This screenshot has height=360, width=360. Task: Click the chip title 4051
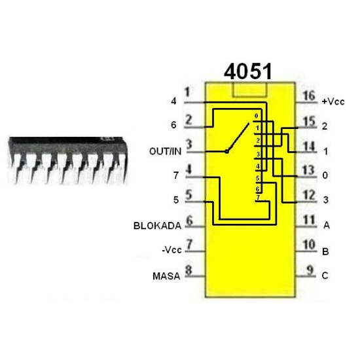tap(248, 71)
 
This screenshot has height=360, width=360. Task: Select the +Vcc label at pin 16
tap(333, 101)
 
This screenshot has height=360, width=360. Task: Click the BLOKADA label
tap(156, 226)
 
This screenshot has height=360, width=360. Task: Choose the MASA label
tap(166, 276)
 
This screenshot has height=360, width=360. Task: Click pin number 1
tap(188, 94)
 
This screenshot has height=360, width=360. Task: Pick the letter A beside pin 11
tap(325, 225)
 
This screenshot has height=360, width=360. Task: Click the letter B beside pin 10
tap(325, 251)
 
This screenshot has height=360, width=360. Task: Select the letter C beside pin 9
tap(325, 276)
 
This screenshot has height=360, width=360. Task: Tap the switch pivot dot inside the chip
tap(226, 151)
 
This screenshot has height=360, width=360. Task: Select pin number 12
tap(309, 195)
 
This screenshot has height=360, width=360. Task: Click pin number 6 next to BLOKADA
tap(189, 220)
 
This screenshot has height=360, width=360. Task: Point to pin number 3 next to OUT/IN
tap(189, 145)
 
